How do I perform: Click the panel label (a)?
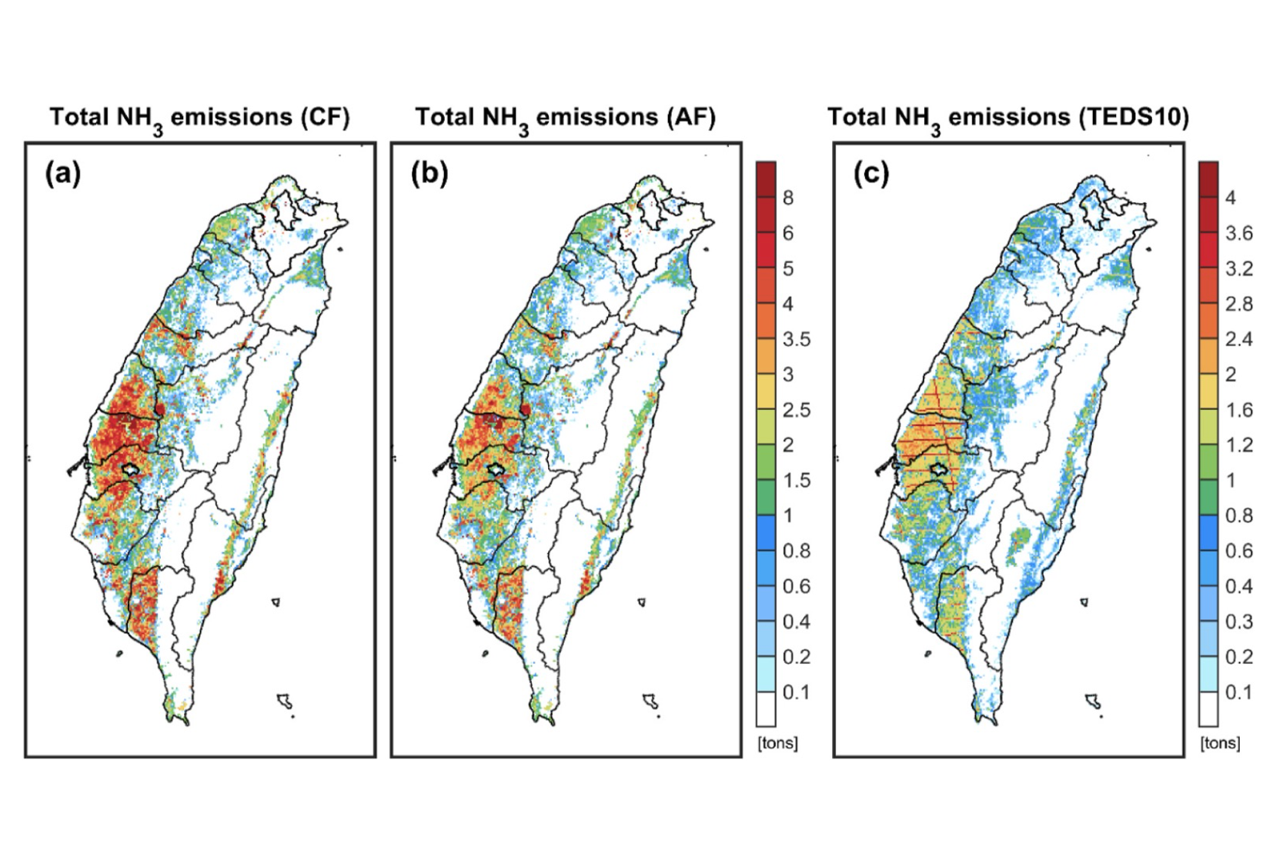point(63,173)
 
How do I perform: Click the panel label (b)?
point(429,173)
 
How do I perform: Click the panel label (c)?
point(871,173)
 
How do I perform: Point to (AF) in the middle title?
point(690,117)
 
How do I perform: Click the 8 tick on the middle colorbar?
point(788,198)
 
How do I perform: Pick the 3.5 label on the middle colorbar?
point(797,339)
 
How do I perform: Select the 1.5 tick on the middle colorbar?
point(797,481)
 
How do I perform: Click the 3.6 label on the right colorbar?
point(1239,233)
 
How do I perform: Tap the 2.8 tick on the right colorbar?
point(1239,304)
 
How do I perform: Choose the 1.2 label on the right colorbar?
point(1239,445)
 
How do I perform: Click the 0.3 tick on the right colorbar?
point(1239,621)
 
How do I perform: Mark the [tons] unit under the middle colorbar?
point(777,743)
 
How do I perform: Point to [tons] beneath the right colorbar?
point(1220,743)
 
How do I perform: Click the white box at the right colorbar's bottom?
point(1208,709)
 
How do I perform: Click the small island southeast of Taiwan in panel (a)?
point(285,701)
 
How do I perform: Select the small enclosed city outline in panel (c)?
point(939,468)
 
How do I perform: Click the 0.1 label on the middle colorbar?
point(797,692)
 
